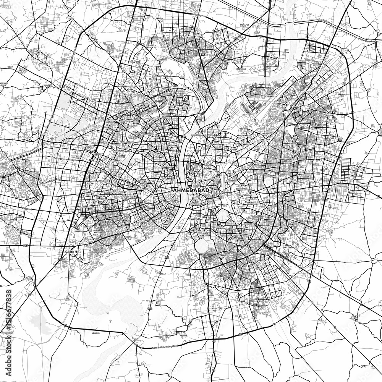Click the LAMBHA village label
coord(185,335)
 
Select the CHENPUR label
coord(163,60)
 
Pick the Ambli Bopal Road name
coord(52,181)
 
